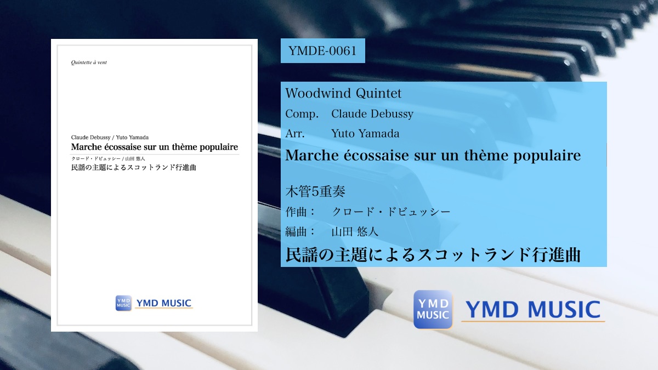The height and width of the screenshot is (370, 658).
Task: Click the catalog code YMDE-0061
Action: (322, 51)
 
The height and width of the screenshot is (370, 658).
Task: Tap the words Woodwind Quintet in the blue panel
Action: (343, 93)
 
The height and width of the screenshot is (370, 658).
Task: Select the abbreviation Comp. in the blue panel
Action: (302, 114)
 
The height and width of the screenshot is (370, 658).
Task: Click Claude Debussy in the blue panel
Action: (372, 114)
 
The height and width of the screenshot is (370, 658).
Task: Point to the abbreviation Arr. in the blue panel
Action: (295, 134)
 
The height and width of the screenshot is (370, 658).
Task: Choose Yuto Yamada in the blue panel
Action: (365, 134)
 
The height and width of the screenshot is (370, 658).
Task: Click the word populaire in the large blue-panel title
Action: (547, 156)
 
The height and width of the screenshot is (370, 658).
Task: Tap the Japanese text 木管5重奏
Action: (315, 191)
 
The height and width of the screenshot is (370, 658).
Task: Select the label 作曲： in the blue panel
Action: (300, 212)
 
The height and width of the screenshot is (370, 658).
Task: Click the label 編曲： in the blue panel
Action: (300, 232)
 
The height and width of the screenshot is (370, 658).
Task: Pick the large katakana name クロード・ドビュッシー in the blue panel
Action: (391, 212)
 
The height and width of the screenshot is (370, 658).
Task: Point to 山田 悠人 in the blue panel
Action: (355, 232)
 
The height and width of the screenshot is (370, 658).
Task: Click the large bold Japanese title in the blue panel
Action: (433, 254)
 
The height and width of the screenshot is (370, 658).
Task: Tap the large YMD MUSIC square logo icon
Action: (433, 310)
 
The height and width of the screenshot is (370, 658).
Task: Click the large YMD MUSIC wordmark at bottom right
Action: (533, 310)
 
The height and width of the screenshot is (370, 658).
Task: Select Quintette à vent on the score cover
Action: (89, 62)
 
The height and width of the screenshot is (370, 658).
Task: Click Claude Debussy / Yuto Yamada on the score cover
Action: (110, 138)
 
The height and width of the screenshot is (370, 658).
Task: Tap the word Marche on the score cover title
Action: (87, 147)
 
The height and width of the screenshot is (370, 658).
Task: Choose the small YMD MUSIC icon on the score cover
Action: (123, 303)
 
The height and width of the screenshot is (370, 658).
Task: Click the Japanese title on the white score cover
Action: (133, 167)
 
